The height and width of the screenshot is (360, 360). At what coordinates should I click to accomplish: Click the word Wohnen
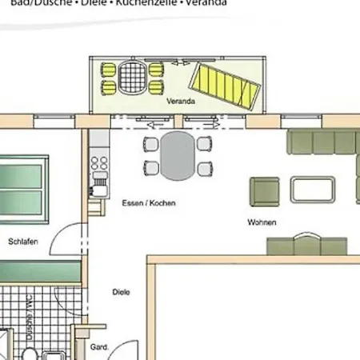point(262,222)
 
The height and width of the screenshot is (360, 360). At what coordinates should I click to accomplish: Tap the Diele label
point(121,292)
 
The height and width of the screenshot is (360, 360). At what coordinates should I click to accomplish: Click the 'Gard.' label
point(99,347)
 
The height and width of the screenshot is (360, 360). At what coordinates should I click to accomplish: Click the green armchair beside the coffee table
point(265,191)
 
